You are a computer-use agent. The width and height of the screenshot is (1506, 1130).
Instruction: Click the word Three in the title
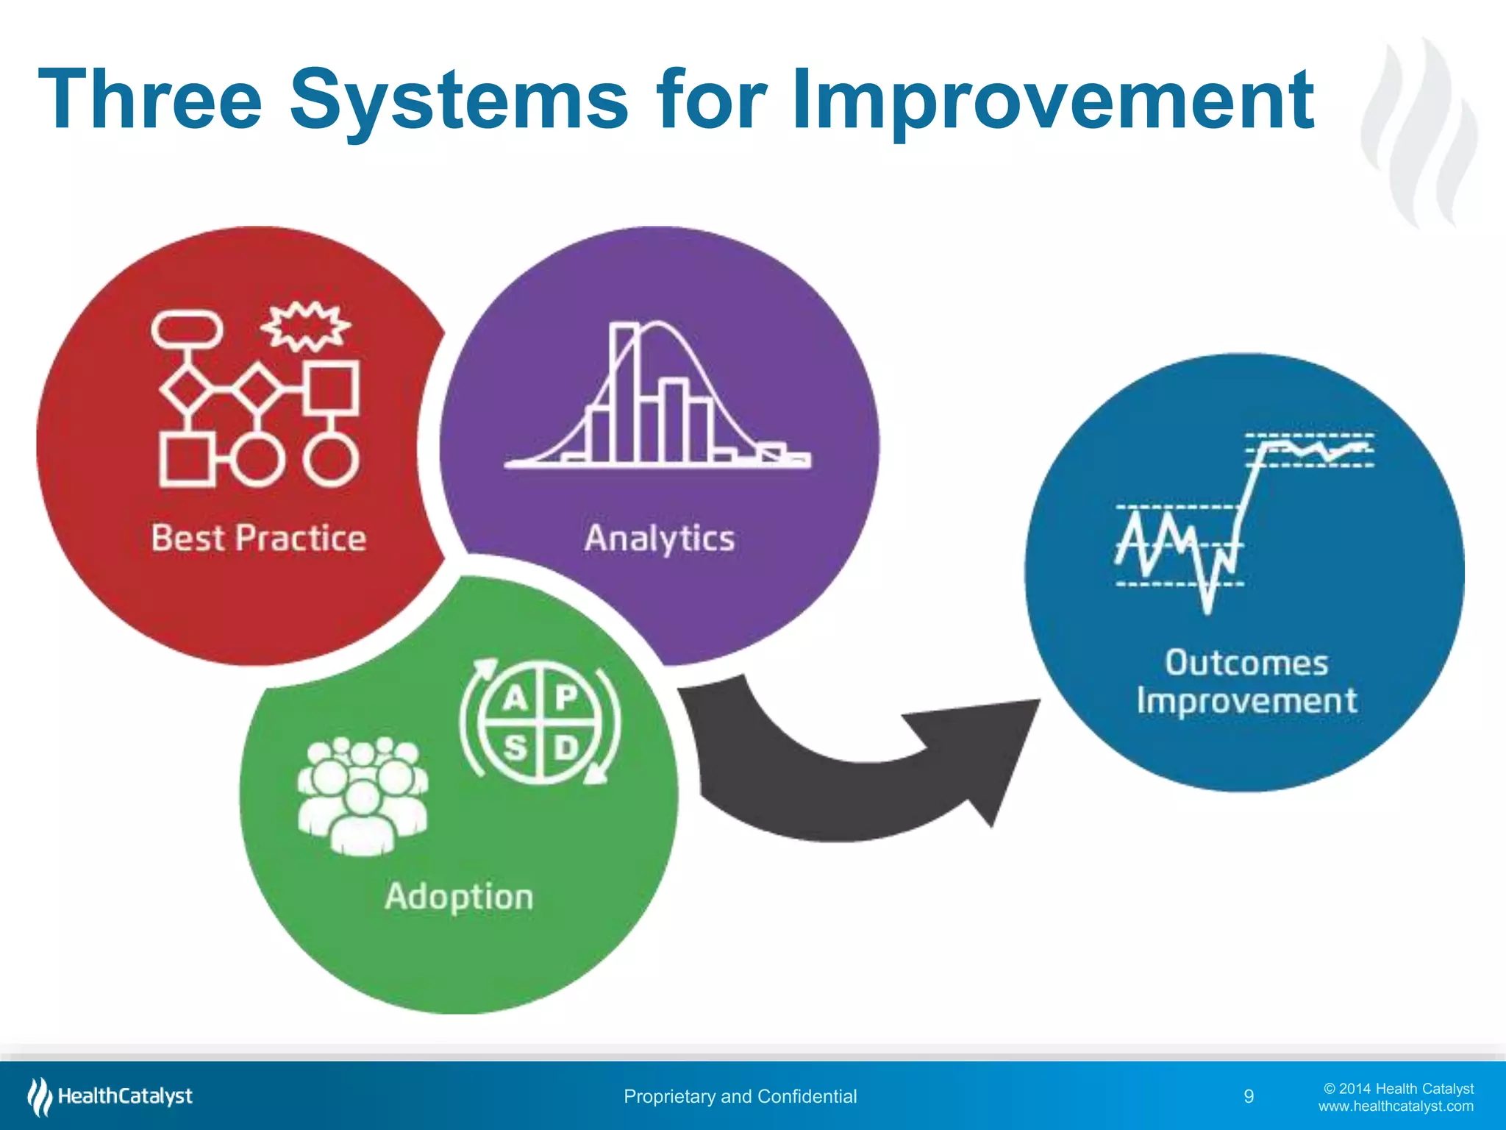click(150, 99)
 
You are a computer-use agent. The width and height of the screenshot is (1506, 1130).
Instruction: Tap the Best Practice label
click(258, 538)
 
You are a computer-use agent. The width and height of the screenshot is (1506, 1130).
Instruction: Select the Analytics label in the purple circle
click(660, 538)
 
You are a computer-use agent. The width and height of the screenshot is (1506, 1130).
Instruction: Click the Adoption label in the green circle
click(459, 897)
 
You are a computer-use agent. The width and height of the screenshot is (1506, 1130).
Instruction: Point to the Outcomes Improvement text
click(1247, 681)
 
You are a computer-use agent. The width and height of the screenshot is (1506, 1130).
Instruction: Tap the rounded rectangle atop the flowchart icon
click(187, 329)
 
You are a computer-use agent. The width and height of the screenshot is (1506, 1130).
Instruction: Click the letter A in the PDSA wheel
click(515, 697)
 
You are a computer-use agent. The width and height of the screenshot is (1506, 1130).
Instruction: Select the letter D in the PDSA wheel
click(566, 748)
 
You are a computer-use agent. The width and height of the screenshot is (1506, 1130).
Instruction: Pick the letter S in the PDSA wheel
click(515, 748)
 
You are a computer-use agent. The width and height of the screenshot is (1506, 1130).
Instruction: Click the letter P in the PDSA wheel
click(566, 697)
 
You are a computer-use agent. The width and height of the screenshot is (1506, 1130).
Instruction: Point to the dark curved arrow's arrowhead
click(985, 750)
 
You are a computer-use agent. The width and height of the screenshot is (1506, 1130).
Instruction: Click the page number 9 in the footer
click(1249, 1096)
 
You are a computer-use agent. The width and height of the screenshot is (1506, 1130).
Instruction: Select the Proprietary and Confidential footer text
click(740, 1096)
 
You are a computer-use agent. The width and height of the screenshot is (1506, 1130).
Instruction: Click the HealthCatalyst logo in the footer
click(110, 1096)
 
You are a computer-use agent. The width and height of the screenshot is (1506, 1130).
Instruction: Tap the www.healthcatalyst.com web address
click(1396, 1106)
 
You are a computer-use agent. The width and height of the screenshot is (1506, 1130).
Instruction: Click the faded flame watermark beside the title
click(1419, 132)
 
